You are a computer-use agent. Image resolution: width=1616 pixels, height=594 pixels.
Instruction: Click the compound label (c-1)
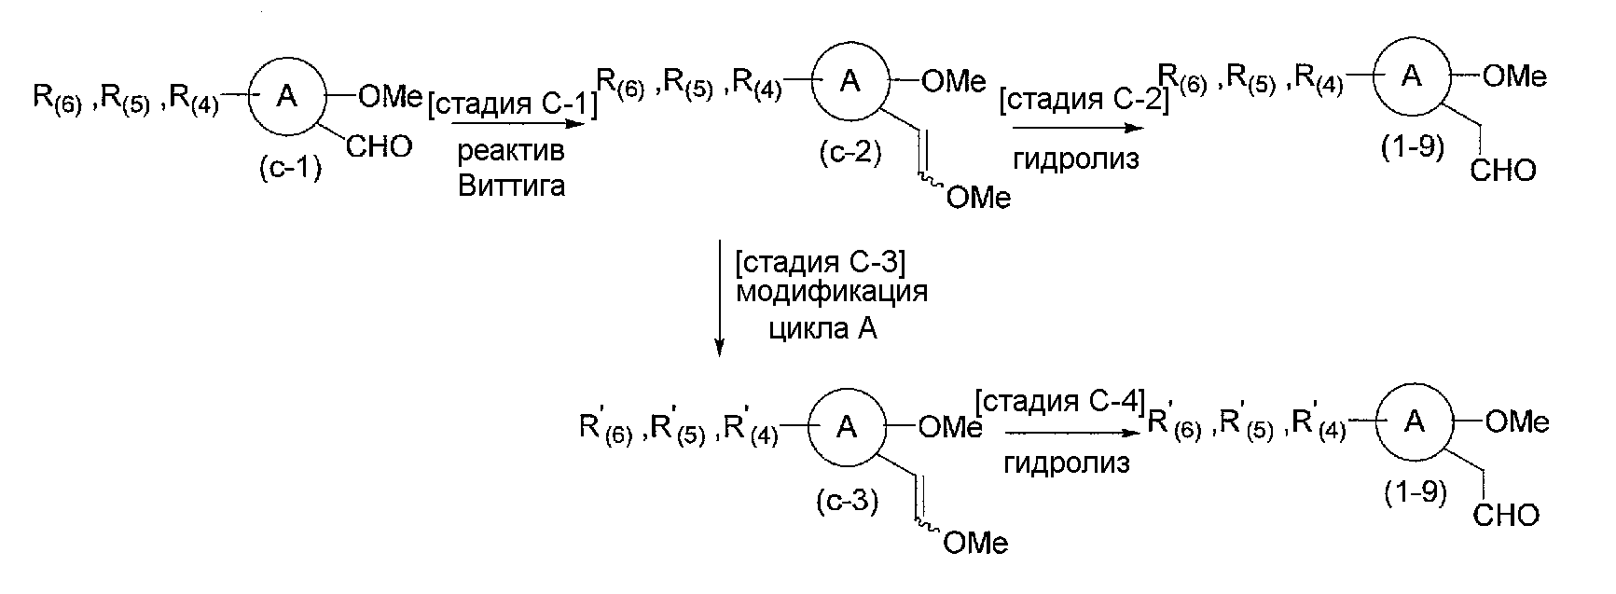(x=290, y=170)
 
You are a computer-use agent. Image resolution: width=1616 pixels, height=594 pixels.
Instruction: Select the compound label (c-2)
(x=849, y=152)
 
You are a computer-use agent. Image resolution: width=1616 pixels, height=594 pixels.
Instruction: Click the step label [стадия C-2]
(x=1083, y=99)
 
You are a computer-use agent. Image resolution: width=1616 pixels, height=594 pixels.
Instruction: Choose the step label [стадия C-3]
(x=818, y=264)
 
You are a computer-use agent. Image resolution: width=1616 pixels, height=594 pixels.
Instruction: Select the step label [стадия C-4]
(x=1058, y=403)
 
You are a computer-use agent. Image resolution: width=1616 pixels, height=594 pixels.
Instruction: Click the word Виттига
(x=511, y=186)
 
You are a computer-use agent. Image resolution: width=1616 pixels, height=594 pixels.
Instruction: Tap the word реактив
(x=511, y=153)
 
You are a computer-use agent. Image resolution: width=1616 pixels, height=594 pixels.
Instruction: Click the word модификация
(x=832, y=293)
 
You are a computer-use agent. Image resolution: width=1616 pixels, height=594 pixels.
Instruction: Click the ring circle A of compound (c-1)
(x=288, y=97)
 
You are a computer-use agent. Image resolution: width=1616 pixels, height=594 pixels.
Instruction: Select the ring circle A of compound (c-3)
(x=847, y=427)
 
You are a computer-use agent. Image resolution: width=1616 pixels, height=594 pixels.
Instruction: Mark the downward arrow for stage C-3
(x=719, y=298)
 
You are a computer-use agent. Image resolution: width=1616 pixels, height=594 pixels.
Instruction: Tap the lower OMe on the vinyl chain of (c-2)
(x=977, y=198)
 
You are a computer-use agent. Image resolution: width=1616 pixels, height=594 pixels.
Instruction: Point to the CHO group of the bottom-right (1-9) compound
(x=1506, y=515)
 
